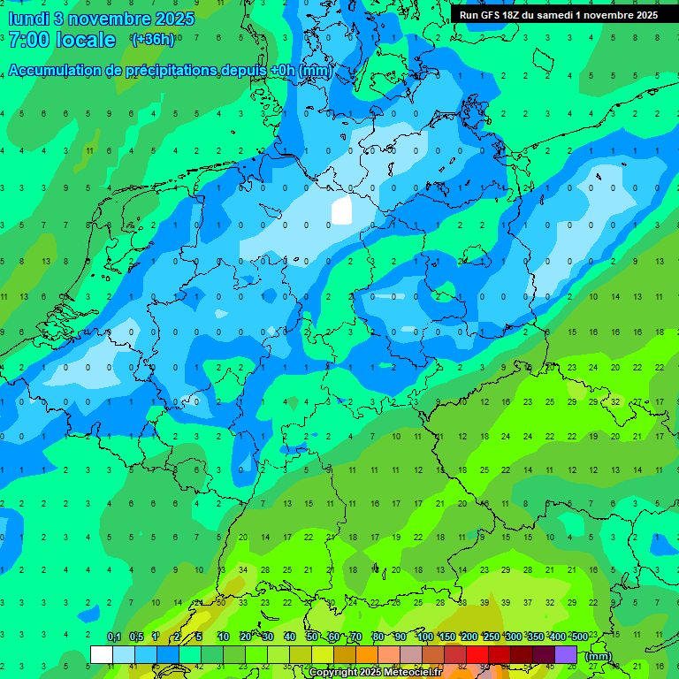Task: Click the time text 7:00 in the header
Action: (x=27, y=40)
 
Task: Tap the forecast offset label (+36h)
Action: (x=151, y=40)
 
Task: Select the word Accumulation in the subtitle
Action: (x=60, y=71)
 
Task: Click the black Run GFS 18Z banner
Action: (x=558, y=14)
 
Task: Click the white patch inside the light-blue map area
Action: (x=341, y=211)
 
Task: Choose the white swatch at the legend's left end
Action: (x=102, y=654)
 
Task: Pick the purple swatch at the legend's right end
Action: (x=566, y=654)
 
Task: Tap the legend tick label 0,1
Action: (x=114, y=637)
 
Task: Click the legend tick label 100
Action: (x=424, y=637)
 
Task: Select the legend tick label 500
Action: (x=579, y=637)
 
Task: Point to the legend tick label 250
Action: (x=491, y=637)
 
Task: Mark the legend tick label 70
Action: (x=356, y=637)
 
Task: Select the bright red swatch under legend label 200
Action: (x=477, y=654)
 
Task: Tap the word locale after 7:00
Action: (x=85, y=40)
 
